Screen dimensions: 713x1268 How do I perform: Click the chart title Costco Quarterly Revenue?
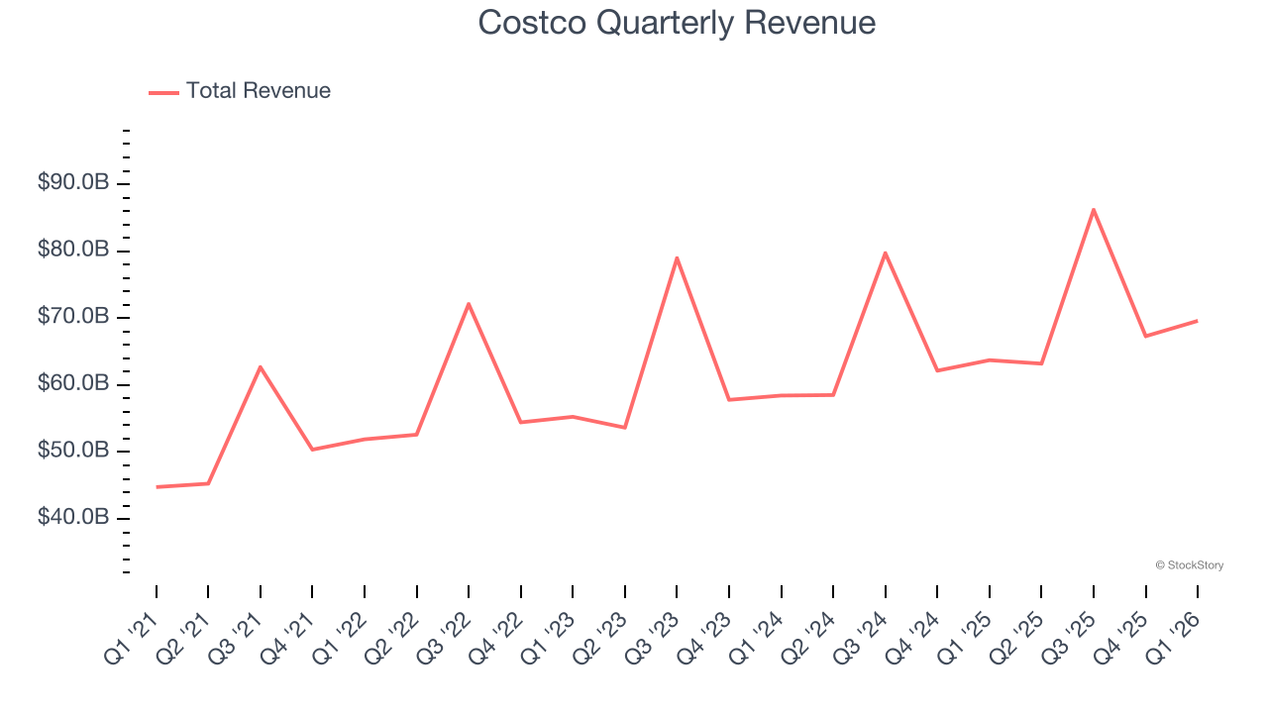[677, 23]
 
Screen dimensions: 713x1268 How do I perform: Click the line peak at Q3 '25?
[1094, 210]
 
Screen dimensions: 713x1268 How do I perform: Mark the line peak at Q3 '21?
[261, 367]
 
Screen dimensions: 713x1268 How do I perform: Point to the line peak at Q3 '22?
[469, 304]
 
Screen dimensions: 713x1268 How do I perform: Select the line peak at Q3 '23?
[677, 258]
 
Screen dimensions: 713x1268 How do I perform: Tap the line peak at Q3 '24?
[885, 253]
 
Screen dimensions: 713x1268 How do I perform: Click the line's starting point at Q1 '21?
[157, 487]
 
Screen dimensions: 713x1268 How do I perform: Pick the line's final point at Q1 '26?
[1198, 320]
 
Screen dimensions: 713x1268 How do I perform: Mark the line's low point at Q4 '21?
[312, 450]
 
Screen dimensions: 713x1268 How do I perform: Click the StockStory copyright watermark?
[1189, 565]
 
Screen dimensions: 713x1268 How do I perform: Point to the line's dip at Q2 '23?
[624, 428]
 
